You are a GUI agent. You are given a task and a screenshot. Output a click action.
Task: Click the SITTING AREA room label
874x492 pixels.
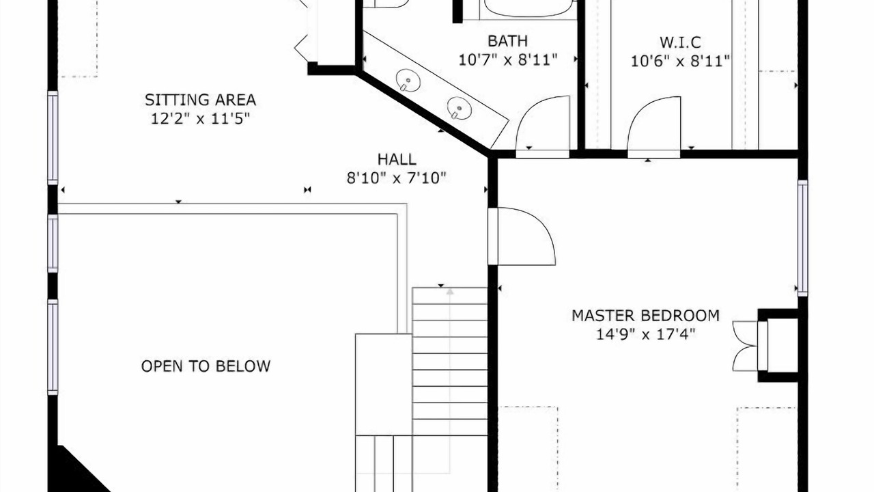(201, 100)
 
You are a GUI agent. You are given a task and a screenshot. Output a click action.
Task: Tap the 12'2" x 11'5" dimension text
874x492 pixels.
(200, 118)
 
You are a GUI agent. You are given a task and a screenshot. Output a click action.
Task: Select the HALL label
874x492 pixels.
(397, 159)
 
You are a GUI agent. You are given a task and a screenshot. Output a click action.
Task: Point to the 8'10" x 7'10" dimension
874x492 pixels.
(397, 178)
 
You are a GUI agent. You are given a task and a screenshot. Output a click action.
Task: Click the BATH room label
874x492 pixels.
(507, 41)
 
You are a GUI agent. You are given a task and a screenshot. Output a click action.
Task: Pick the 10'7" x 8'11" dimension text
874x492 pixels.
(507, 59)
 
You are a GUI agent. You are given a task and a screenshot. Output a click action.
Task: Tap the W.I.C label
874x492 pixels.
(681, 42)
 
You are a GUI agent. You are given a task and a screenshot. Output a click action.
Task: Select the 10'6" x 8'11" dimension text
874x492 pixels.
(681, 61)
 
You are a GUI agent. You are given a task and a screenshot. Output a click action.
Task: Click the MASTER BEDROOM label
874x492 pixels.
(646, 316)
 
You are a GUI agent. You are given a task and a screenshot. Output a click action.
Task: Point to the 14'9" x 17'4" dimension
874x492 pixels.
(646, 334)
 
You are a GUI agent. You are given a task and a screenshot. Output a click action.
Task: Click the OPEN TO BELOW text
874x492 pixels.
(206, 366)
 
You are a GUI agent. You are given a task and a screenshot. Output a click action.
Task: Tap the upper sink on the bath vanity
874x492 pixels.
(408, 80)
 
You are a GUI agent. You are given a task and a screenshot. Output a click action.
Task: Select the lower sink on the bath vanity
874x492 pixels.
(460, 108)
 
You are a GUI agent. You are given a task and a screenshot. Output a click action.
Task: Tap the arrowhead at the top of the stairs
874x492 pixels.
(450, 291)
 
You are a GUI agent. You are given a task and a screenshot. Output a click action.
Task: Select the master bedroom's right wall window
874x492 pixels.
(802, 238)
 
